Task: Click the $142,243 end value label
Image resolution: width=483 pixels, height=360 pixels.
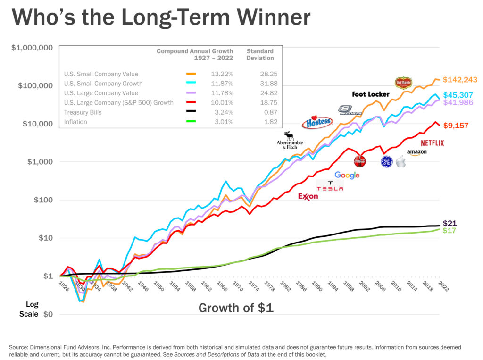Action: [461, 79]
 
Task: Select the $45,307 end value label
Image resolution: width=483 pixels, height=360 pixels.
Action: [458, 95]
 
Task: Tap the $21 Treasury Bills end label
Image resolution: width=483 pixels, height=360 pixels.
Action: [450, 223]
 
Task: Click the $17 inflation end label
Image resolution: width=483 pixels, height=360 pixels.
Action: [450, 231]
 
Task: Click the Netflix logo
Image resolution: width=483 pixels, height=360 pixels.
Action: [432, 143]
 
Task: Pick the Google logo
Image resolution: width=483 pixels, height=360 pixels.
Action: [347, 175]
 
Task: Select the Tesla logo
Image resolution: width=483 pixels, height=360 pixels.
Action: [330, 186]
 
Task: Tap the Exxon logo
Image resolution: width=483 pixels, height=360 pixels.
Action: [308, 196]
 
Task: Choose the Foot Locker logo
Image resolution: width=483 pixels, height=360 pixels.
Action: [371, 94]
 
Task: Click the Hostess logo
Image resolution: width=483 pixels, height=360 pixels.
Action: [319, 122]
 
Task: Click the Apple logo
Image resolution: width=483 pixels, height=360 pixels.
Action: [400, 162]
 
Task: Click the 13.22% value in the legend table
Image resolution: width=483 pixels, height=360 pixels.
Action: [224, 74]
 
